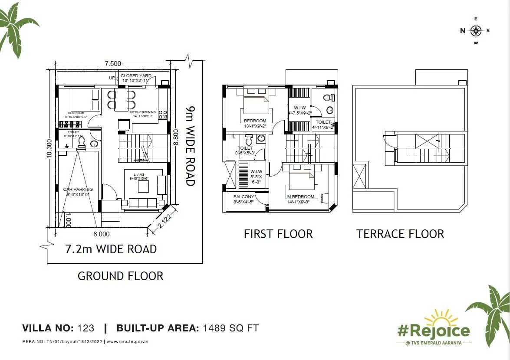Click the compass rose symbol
(x=476, y=30)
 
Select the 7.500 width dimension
(x=112, y=64)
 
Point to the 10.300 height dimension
(x=49, y=148)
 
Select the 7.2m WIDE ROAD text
(x=111, y=249)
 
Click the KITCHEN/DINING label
(x=145, y=112)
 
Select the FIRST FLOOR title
(x=278, y=234)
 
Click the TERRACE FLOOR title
(x=400, y=234)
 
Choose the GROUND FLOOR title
(x=120, y=276)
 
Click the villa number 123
(x=86, y=328)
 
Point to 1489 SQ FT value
(x=230, y=328)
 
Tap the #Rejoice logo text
(x=434, y=331)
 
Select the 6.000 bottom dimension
(x=101, y=234)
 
